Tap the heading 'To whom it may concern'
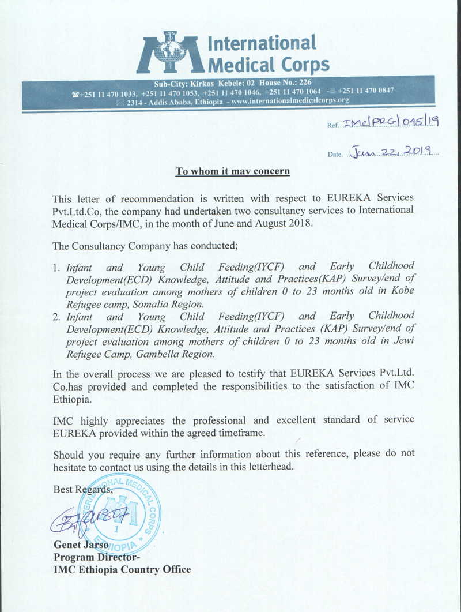[233, 171]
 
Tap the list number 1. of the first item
[56, 268]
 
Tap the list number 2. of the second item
[56, 317]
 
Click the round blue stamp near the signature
[120, 513]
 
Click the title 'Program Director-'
[96, 557]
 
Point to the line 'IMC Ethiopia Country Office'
[122, 570]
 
